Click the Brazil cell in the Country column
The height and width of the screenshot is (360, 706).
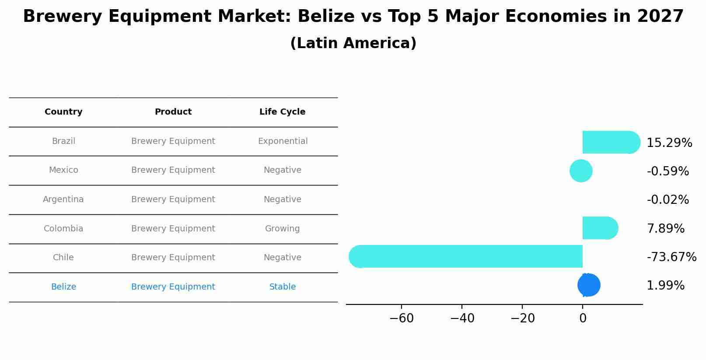point(63,141)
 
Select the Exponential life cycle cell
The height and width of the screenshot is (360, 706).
point(283,141)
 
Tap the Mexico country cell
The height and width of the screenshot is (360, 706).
point(63,170)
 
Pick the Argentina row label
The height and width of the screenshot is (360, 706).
point(63,199)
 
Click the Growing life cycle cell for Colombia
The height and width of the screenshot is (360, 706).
point(283,229)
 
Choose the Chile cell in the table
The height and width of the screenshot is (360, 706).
point(63,258)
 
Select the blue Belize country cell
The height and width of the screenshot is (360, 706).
point(63,287)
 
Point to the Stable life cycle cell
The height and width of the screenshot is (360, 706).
point(283,287)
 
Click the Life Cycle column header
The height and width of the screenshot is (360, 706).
point(283,112)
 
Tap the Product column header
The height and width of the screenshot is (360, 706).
point(173,112)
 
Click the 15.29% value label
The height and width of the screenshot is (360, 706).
point(669,143)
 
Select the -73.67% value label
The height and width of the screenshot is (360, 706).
point(671,257)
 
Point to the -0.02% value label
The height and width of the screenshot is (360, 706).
point(668,200)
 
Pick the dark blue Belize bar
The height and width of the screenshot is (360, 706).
point(589,285)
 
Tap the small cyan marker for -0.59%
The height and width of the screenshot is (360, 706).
point(581,171)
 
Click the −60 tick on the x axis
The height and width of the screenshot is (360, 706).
point(402,318)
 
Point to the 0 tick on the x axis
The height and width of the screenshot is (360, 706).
point(583,318)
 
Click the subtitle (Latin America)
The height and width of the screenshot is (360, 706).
point(353,43)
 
